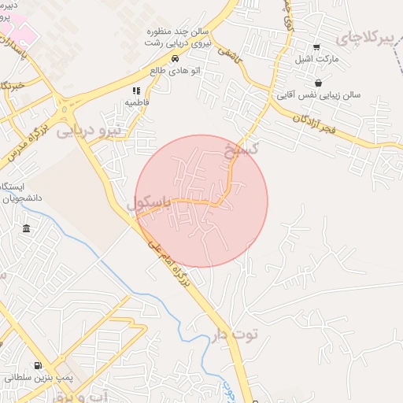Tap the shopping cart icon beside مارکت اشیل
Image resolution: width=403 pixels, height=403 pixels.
316,47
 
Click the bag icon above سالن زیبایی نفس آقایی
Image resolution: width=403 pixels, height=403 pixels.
318,83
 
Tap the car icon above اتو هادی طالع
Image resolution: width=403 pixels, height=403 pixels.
175,58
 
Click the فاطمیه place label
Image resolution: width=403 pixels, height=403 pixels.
136,103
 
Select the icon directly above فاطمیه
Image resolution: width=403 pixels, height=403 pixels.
136,91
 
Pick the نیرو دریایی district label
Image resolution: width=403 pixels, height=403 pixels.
90,132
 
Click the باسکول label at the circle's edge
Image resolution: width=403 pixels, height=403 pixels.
150,203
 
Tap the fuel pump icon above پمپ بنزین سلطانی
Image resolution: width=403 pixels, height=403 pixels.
39,365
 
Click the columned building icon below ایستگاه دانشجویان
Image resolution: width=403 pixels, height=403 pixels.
27,229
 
